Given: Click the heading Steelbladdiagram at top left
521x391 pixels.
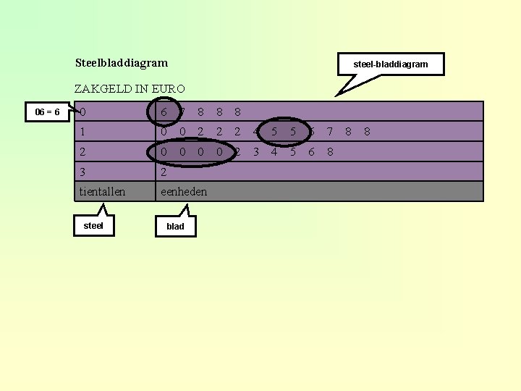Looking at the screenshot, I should pyautogui.click(x=121, y=64).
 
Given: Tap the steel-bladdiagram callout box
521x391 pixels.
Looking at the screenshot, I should pyautogui.click(x=390, y=64).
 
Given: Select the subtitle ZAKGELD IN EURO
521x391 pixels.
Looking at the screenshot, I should pyautogui.click(x=130, y=89).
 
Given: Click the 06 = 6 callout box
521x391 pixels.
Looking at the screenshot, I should pyautogui.click(x=48, y=112).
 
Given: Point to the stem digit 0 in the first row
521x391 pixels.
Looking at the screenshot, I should pyautogui.click(x=84, y=112).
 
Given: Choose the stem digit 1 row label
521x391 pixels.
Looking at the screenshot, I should pyautogui.click(x=84, y=133).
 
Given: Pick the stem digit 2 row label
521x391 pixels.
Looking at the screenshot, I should pyautogui.click(x=84, y=152).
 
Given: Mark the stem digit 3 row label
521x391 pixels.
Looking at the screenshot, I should pyautogui.click(x=84, y=172).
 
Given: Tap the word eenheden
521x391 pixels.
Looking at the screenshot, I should pyautogui.click(x=184, y=192).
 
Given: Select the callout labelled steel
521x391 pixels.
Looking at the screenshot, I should pyautogui.click(x=93, y=225).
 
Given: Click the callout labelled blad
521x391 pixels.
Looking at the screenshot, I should pyautogui.click(x=175, y=227).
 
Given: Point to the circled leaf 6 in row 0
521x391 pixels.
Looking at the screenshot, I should pyautogui.click(x=164, y=112).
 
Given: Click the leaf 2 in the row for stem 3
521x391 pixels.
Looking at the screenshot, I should pyautogui.click(x=164, y=172).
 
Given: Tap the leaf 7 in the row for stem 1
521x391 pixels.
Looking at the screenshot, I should pyautogui.click(x=329, y=133).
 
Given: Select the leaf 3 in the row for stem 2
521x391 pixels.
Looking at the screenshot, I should pyautogui.click(x=255, y=152).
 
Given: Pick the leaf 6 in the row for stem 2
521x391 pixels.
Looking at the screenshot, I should pyautogui.click(x=311, y=152).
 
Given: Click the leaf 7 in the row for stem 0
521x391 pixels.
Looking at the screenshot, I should pyautogui.click(x=182, y=112).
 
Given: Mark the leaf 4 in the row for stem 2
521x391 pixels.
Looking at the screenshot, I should pyautogui.click(x=274, y=152).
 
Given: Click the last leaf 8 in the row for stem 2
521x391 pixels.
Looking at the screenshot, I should pyautogui.click(x=330, y=152).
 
